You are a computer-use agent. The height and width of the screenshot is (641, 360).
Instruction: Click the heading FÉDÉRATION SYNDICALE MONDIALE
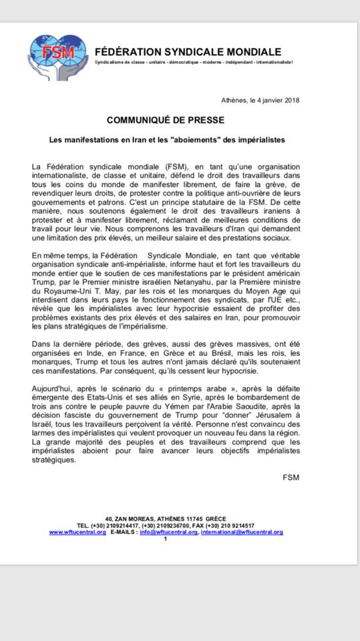[x=188, y=51]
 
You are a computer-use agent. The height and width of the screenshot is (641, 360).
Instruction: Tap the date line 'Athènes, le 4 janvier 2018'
[x=260, y=100]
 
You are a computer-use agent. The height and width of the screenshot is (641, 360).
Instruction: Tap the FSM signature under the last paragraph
[x=291, y=477]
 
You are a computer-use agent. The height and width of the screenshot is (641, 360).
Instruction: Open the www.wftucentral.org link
[x=77, y=532]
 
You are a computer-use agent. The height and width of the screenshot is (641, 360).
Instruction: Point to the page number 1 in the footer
[x=165, y=539]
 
